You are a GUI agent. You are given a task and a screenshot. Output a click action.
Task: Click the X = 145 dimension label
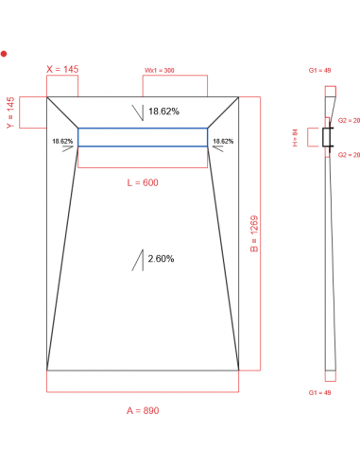[x=63, y=69]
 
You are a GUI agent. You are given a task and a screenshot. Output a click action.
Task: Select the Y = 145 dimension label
[x=10, y=113]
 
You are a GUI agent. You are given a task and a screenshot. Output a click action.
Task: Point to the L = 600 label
[x=143, y=182]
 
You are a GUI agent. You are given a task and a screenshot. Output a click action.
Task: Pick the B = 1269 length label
[x=254, y=232]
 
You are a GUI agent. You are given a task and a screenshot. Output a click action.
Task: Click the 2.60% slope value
[x=161, y=258]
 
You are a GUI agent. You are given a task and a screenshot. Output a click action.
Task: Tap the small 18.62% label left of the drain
[x=63, y=141]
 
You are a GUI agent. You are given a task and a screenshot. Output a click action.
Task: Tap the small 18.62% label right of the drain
[x=223, y=141]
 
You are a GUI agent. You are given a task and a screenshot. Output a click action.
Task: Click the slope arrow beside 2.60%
[x=138, y=259]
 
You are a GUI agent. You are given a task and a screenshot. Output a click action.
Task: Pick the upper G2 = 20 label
[x=349, y=121]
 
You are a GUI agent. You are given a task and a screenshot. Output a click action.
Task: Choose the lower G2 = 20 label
[x=349, y=153]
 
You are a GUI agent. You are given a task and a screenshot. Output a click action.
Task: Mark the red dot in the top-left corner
[x=4, y=54]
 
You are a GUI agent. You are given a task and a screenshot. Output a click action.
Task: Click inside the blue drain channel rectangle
[x=143, y=137]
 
